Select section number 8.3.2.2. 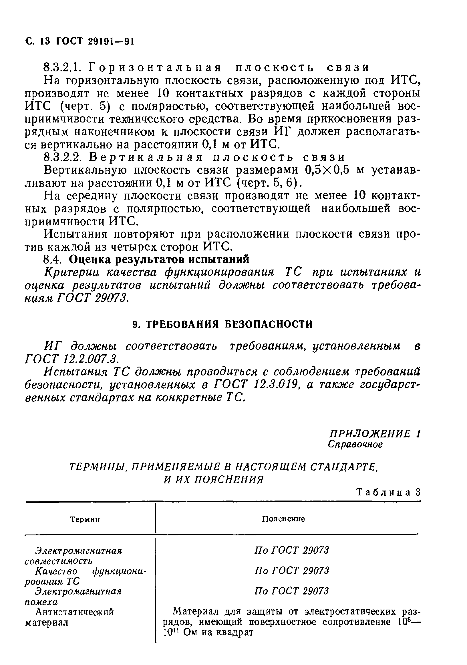[64, 157]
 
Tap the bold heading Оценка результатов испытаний [159, 260]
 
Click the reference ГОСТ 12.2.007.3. [72, 359]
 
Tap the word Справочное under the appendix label [355, 444]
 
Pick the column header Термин [85, 520]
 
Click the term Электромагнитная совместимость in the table [73, 556]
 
